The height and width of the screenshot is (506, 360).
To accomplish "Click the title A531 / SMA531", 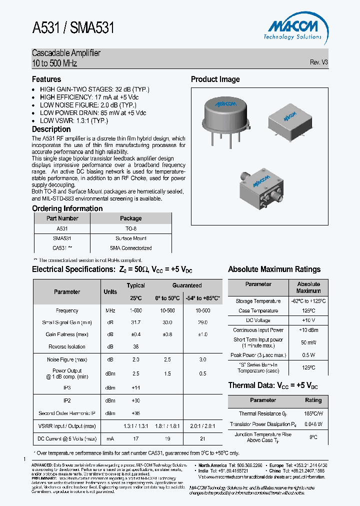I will (x=73, y=28).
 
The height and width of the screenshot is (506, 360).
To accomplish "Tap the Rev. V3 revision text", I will (x=319, y=62).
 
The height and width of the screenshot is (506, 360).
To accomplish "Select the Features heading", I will (x=46, y=79).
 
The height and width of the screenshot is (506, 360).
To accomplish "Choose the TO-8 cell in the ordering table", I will (x=131, y=228).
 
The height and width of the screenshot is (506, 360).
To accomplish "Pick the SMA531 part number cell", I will (x=62, y=238).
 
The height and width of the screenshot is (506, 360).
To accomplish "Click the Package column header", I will (x=131, y=218).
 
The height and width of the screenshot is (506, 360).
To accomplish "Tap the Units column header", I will (x=110, y=291).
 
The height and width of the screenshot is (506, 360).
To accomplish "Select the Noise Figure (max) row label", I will (x=67, y=359).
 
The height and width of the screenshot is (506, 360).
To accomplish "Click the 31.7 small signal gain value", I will (x=135, y=322).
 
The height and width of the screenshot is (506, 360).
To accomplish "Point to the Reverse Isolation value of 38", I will (x=135, y=346).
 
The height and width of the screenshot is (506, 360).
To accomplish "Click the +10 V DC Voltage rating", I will (x=308, y=320).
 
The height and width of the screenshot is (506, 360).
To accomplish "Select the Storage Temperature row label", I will (x=258, y=301).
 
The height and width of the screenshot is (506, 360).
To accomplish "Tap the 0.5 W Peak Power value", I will (x=308, y=355).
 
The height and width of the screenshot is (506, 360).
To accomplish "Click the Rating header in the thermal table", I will (x=313, y=400).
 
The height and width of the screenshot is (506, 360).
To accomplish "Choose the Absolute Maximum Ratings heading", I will (x=274, y=269).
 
